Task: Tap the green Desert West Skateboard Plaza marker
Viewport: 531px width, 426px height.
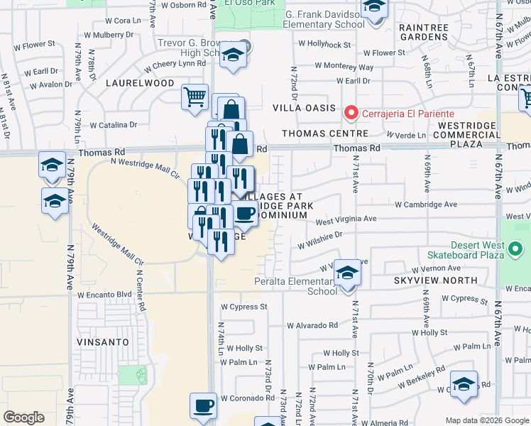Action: click(516, 249)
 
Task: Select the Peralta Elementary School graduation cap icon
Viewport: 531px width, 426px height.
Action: click(347, 273)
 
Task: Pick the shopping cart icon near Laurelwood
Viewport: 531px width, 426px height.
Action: click(195, 96)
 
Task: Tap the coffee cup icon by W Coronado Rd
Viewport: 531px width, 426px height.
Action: click(203, 406)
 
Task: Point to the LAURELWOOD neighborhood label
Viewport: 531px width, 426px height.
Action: click(140, 83)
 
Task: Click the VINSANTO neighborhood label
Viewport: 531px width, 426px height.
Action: click(104, 342)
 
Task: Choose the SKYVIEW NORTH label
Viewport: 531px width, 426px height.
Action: click(429, 281)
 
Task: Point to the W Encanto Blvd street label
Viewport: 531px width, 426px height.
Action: click(105, 295)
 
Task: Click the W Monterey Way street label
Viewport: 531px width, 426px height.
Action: click(344, 67)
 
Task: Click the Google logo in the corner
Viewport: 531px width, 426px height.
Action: click(24, 417)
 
